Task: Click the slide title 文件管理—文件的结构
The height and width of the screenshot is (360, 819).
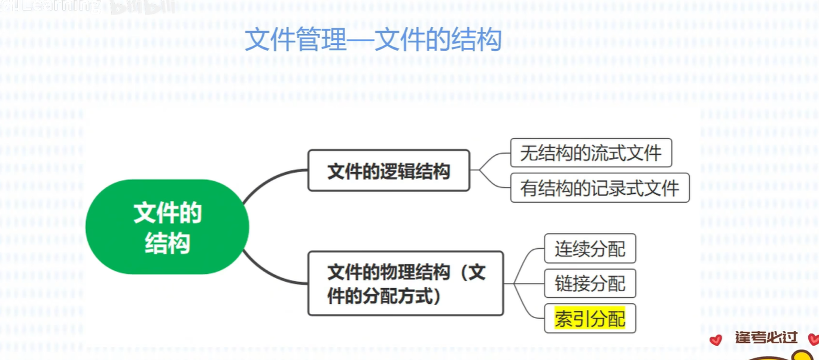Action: (x=373, y=40)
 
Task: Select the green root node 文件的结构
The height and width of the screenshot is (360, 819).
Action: (x=167, y=227)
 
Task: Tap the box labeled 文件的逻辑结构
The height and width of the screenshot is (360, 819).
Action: (x=388, y=171)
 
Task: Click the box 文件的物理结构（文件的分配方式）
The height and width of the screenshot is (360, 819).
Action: (x=405, y=283)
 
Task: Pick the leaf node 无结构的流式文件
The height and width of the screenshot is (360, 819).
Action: (x=590, y=153)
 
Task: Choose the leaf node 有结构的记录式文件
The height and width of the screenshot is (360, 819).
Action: (x=599, y=188)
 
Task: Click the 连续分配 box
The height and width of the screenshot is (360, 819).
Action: (x=589, y=248)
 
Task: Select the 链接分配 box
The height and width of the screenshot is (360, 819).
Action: (x=589, y=283)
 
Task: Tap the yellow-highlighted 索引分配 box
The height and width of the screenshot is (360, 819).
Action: (x=589, y=319)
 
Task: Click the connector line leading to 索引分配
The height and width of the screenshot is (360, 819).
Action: (x=529, y=311)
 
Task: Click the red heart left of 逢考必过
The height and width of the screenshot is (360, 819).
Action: (x=716, y=340)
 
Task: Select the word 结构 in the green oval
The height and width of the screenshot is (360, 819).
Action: (x=167, y=243)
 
